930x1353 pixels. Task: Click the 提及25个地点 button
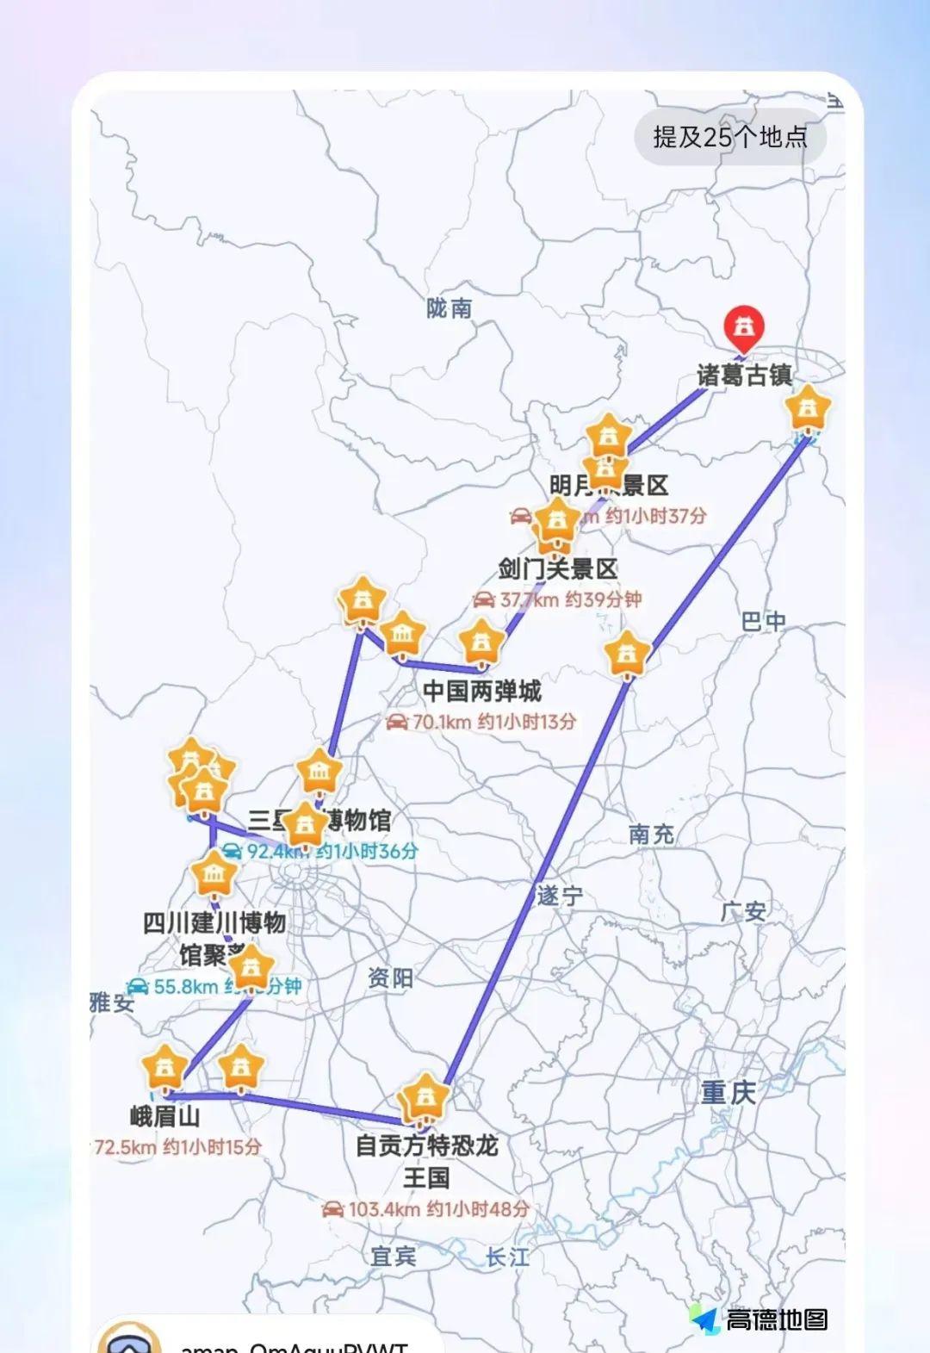click(x=730, y=137)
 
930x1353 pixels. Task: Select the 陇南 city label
click(x=449, y=308)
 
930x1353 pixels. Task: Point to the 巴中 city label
click(x=763, y=621)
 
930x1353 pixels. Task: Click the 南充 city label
click(x=651, y=834)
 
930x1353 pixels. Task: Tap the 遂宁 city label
click(x=560, y=896)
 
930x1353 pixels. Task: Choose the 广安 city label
click(x=743, y=911)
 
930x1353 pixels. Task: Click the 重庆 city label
click(x=728, y=1093)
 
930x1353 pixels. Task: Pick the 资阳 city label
click(x=390, y=978)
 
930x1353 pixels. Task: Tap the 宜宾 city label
click(x=394, y=1257)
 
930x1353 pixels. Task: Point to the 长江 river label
click(x=507, y=1257)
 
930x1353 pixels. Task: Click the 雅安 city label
click(x=113, y=1002)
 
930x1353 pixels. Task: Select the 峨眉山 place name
click(x=165, y=1117)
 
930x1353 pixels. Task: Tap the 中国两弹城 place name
click(x=482, y=691)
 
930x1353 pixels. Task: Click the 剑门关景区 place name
click(x=558, y=568)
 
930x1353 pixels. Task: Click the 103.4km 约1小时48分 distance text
click(x=426, y=1209)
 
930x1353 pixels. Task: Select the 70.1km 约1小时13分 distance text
click(x=481, y=722)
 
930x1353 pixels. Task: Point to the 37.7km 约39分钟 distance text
click(x=558, y=599)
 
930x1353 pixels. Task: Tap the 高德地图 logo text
click(x=776, y=1319)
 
